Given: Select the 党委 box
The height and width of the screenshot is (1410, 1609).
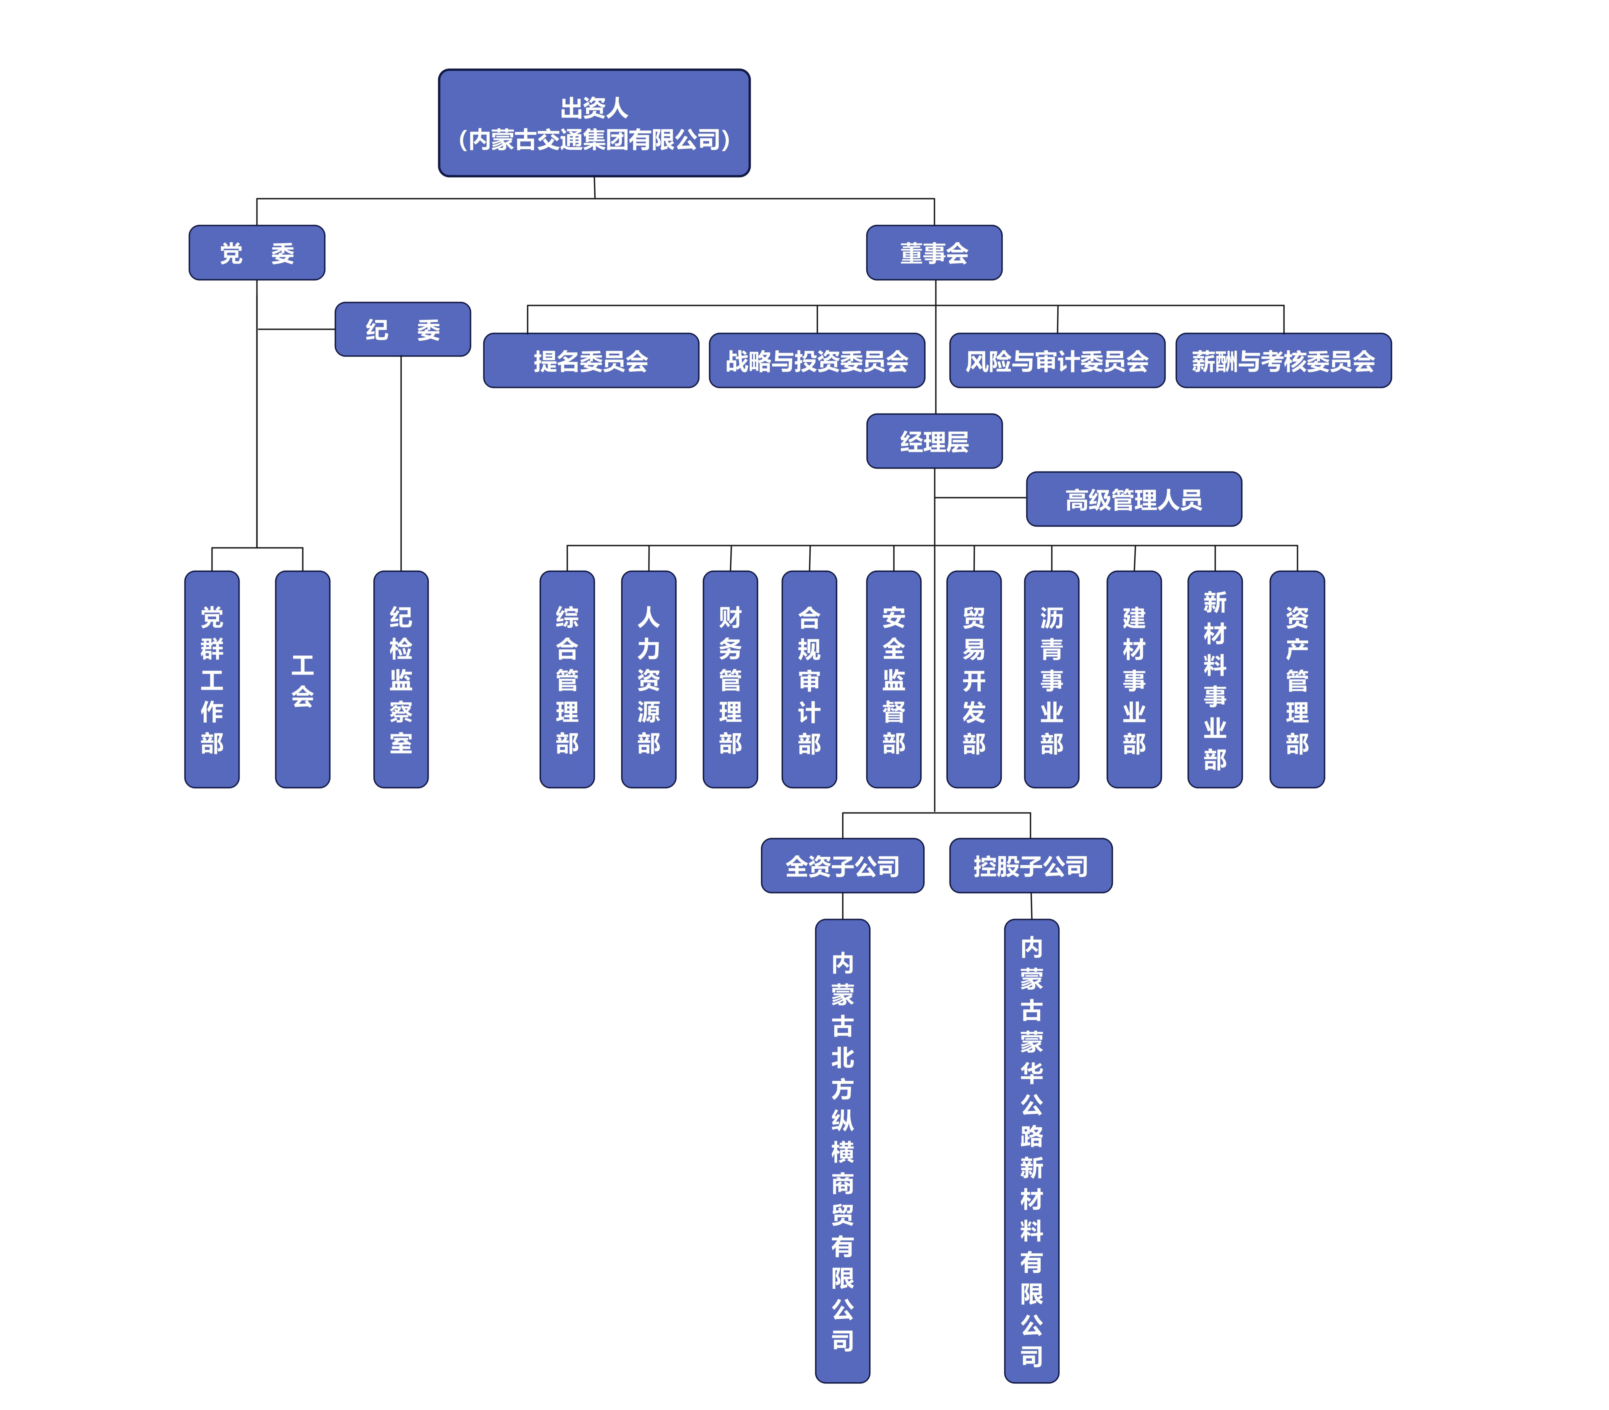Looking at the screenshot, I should (257, 253).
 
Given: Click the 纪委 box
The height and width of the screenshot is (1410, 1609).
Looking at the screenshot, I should (402, 330).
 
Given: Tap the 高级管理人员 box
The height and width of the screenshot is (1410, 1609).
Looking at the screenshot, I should (1134, 499).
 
